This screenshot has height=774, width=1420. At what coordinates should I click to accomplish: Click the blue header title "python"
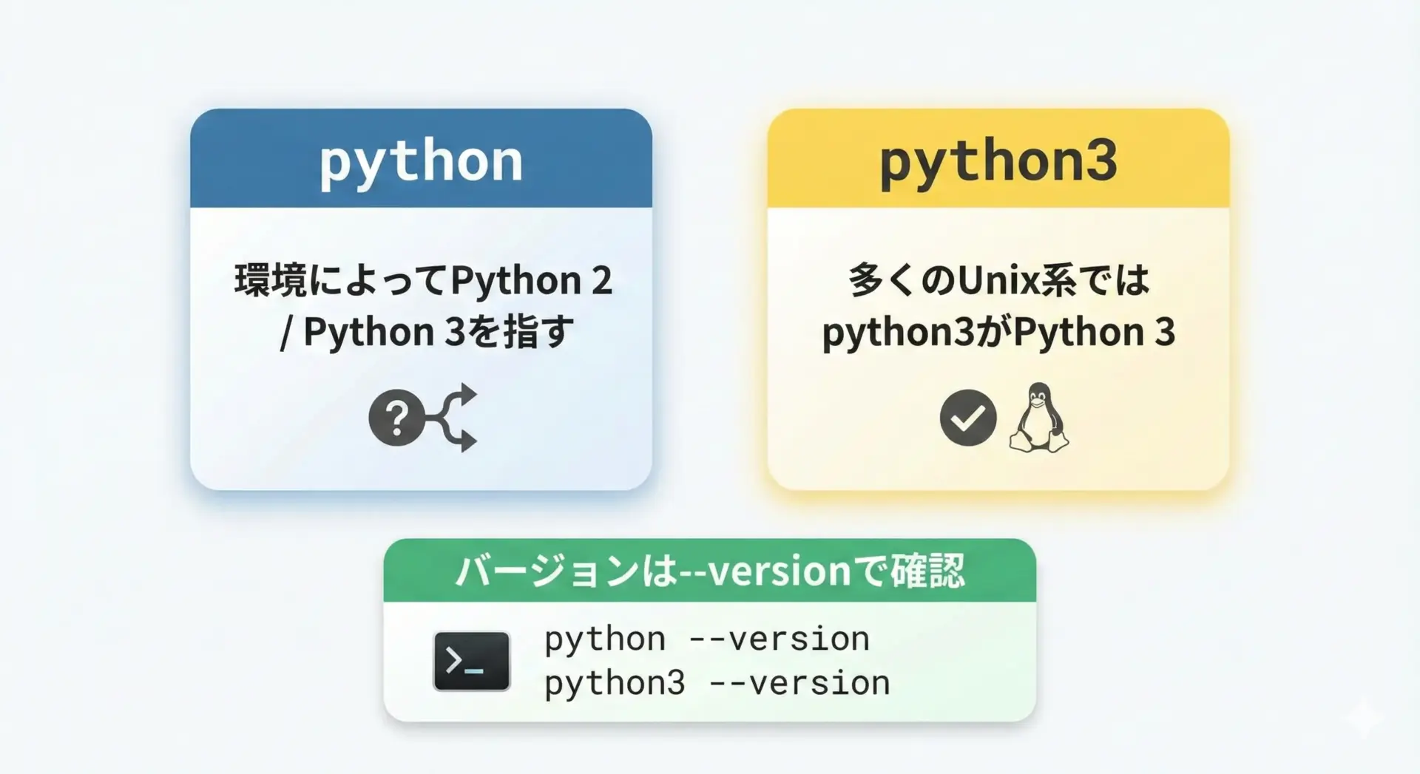coord(421,161)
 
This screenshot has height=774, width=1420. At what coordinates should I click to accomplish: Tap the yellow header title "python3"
coord(998,161)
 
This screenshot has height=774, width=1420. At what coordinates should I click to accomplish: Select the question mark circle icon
coord(396,418)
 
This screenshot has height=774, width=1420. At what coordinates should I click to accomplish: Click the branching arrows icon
coord(453,418)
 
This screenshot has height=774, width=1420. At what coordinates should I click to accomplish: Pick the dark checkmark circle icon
coord(968,418)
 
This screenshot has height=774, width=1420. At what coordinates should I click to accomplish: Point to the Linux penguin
coord(1039,418)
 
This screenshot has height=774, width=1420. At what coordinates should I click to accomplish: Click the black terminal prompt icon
coord(471,661)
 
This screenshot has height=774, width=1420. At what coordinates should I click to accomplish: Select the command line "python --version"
coord(707,639)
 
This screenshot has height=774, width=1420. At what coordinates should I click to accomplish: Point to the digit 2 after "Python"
coord(601,281)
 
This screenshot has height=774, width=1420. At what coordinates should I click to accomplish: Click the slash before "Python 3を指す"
coord(286,333)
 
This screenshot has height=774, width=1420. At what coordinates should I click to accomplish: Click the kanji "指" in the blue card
coord(521,332)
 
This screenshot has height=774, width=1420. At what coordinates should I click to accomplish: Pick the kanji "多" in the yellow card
coord(866,281)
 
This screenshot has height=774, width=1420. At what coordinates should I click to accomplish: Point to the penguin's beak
coord(1038,403)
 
